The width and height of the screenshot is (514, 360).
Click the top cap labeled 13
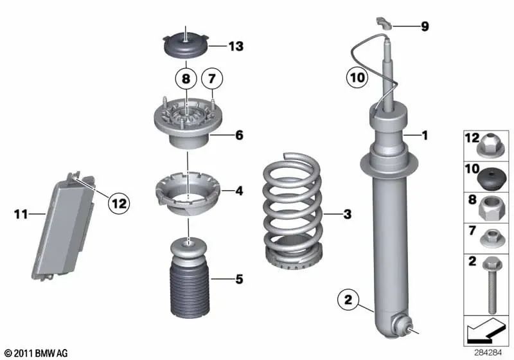[185, 46]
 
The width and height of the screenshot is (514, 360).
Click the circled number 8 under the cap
[186, 80]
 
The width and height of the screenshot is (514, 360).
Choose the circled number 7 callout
[212, 80]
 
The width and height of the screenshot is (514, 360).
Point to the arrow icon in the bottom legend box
[485, 332]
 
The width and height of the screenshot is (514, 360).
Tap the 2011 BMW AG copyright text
[36, 353]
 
